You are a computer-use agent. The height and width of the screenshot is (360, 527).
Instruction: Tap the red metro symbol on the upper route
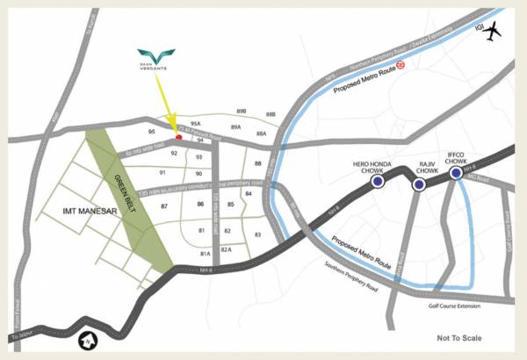click(x=400, y=64)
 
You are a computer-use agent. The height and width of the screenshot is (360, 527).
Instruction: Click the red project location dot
click(x=179, y=136)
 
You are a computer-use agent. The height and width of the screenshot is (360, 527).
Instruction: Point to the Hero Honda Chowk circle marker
click(x=378, y=182)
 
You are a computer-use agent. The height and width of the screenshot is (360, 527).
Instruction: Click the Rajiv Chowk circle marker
click(x=418, y=184)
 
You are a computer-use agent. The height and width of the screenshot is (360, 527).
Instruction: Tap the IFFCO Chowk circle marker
click(x=456, y=174)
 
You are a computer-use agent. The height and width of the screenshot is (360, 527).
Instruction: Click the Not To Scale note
click(x=460, y=338)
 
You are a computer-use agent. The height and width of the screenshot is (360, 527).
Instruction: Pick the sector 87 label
click(x=163, y=205)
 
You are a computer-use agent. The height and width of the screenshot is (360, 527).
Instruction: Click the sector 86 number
click(x=201, y=205)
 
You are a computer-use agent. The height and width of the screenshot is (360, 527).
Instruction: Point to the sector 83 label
click(x=257, y=234)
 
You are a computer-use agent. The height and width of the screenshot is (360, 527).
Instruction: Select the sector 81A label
click(x=205, y=254)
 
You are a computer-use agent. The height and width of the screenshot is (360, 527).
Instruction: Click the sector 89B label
click(x=242, y=112)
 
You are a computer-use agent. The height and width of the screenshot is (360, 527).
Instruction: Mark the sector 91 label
click(x=162, y=173)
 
